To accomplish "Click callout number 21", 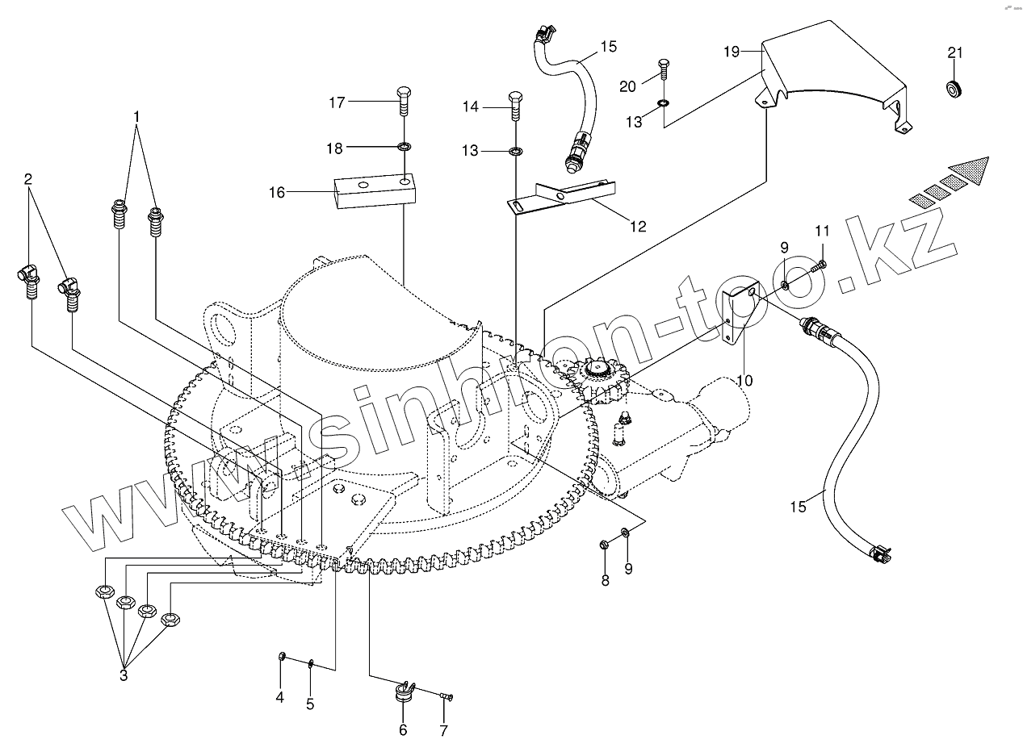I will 955,53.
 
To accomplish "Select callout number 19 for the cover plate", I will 732,51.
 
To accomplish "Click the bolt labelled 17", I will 404,101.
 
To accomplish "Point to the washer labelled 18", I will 403,148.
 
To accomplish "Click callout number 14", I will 471,106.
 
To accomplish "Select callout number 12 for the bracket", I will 638,227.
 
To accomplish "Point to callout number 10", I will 744,378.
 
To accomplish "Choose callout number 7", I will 442,730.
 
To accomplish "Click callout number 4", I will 280,697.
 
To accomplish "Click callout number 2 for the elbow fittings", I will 28,179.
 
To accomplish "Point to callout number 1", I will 136,117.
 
